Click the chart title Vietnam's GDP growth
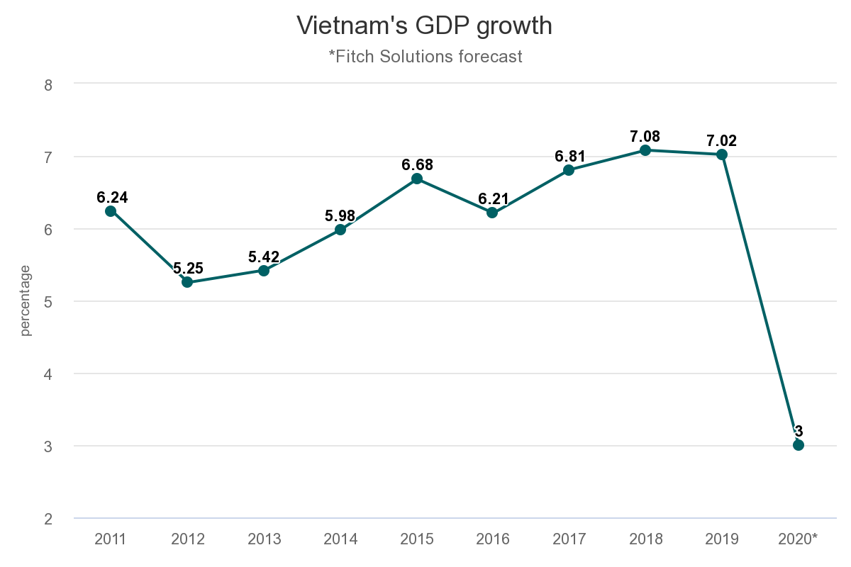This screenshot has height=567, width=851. [x=424, y=26]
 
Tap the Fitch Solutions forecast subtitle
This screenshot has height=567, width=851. [x=425, y=56]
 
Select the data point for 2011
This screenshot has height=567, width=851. [x=111, y=211]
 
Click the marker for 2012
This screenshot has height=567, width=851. [x=187, y=282]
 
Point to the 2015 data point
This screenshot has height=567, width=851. [x=417, y=179]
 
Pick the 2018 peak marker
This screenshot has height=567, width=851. [x=645, y=150]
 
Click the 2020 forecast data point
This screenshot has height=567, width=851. [x=799, y=445]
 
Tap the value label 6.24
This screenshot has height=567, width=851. [x=112, y=197]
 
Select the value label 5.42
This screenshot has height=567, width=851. [x=264, y=257]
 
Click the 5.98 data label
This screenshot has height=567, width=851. [x=340, y=215]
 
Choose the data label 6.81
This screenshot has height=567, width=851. [x=569, y=156]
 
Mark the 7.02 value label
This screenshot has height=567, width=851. [x=722, y=140]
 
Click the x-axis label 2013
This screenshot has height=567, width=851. [x=264, y=539]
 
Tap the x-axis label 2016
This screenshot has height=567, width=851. [x=492, y=539]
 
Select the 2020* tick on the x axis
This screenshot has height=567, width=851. [x=799, y=539]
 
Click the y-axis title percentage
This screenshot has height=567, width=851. [x=26, y=301]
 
